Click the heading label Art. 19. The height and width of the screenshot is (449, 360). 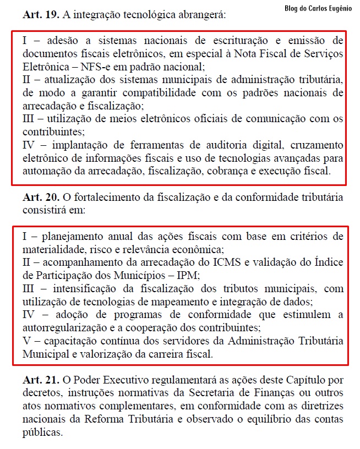(x=40, y=15)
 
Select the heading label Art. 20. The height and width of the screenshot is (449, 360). (x=40, y=198)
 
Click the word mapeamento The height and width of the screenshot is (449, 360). (x=197, y=302)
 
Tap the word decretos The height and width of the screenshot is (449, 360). (x=42, y=394)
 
